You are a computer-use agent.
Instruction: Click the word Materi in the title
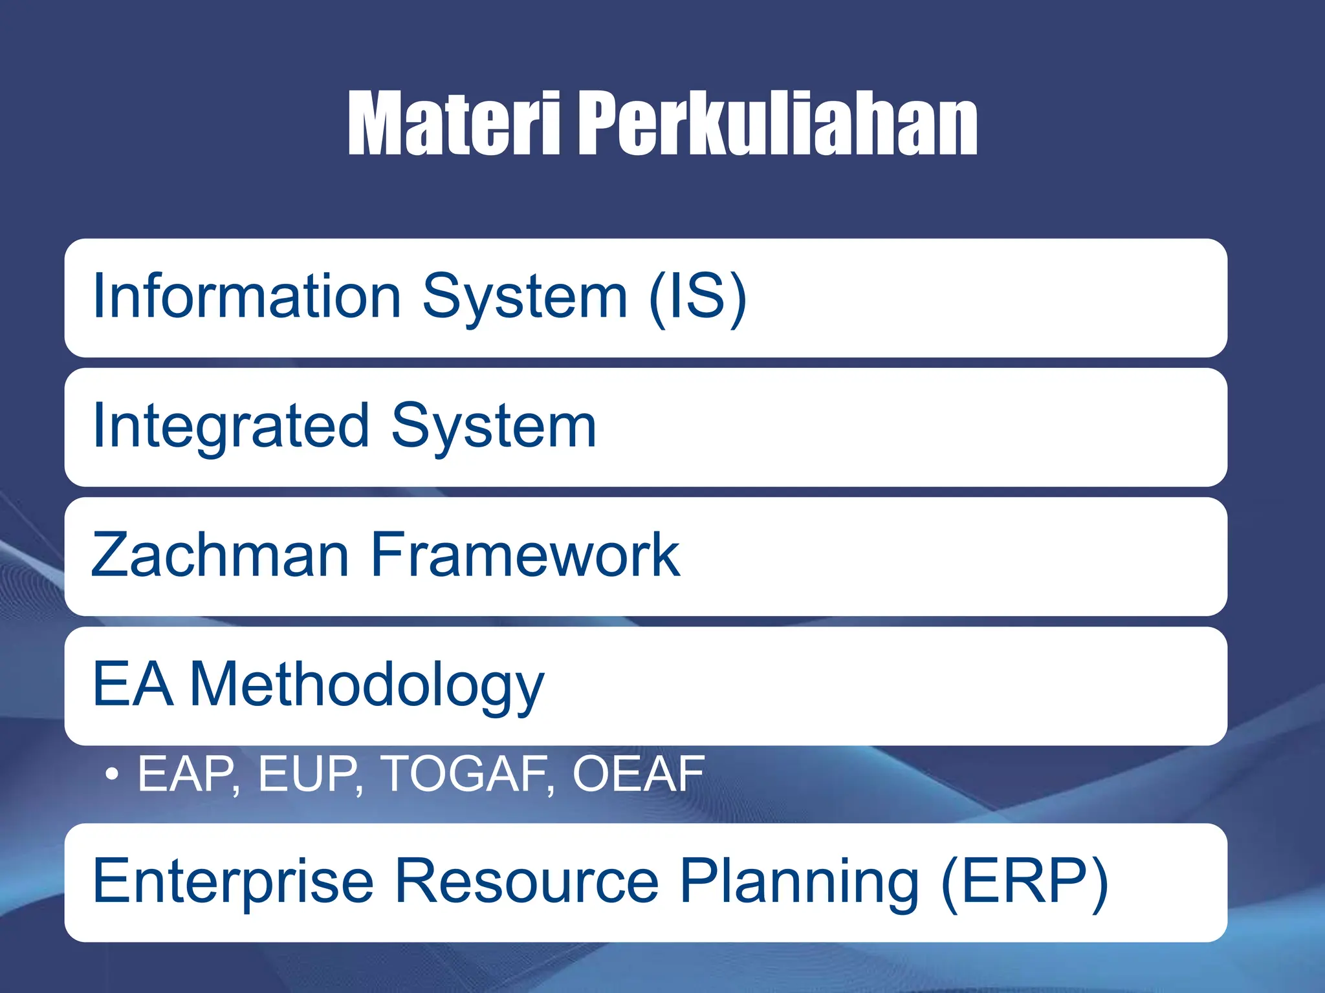454,124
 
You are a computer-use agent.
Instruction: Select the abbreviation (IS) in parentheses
697,297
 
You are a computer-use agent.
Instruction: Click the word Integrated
231,427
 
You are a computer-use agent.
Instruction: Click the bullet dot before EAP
112,773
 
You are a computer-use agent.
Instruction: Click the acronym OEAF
638,773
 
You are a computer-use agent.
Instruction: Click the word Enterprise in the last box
233,882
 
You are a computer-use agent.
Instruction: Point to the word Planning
799,883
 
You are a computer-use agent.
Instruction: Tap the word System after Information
525,297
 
